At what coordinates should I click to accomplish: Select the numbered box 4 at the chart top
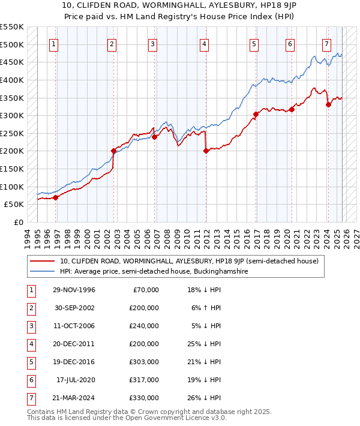coord(205,44)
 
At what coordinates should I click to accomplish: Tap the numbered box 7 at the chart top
coord(326,44)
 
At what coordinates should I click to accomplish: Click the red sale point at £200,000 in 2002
coord(113,151)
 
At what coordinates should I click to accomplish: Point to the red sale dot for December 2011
coord(206,151)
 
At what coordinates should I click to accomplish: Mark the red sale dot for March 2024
coord(328,104)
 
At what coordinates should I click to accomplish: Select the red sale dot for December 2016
coord(256,114)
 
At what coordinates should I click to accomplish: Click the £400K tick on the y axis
coord(12,80)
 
